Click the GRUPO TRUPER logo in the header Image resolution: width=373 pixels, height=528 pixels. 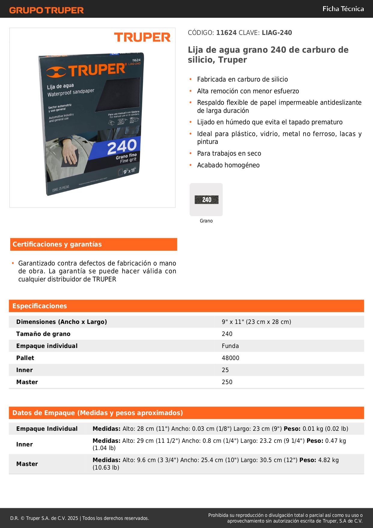(47, 10)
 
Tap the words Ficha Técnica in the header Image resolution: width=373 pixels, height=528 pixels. (343, 9)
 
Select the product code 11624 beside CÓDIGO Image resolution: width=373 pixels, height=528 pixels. (226, 33)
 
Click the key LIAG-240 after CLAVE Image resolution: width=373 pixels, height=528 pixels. (277, 33)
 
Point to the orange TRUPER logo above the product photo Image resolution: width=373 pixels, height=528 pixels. (142, 37)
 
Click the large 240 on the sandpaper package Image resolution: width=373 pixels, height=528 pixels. (122, 147)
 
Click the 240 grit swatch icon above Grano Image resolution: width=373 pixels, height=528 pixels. (206, 200)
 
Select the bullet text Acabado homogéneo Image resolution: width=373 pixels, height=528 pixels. (228, 165)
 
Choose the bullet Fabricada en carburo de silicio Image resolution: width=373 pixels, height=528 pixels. (242, 79)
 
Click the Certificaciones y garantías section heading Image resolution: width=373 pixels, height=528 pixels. (57, 244)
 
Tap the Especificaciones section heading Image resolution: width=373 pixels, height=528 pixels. (40, 306)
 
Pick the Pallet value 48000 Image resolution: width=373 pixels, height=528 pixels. (231, 358)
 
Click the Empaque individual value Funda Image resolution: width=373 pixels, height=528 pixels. (230, 346)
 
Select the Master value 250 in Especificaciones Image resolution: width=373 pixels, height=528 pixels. (227, 382)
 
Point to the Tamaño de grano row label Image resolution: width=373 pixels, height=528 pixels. (43, 334)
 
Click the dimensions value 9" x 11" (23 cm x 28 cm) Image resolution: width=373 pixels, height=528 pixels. (256, 322)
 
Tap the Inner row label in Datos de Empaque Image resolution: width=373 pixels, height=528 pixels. (24, 444)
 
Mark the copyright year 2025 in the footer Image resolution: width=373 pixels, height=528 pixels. (73, 518)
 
